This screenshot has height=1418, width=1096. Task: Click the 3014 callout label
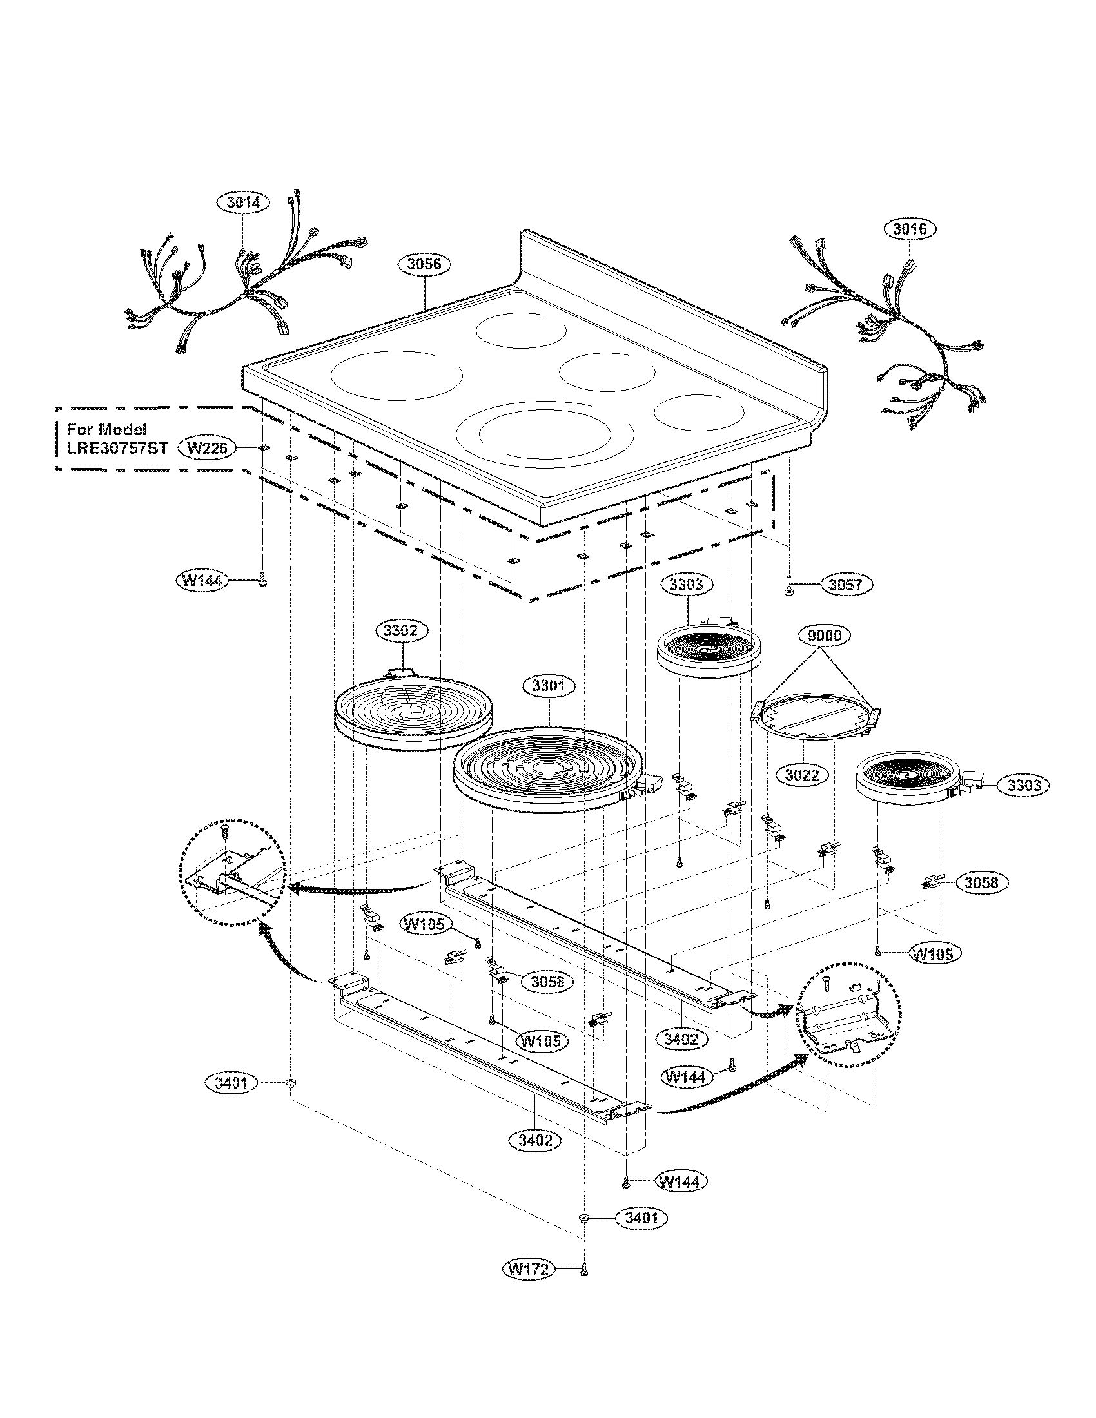pyautogui.click(x=243, y=202)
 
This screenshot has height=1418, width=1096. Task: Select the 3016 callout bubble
pyautogui.click(x=910, y=229)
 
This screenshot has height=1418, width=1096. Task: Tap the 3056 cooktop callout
pyautogui.click(x=424, y=264)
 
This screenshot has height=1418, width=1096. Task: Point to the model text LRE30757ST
pyautogui.click(x=117, y=448)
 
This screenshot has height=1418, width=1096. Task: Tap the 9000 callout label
pyautogui.click(x=824, y=636)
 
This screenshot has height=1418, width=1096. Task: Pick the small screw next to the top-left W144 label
pyautogui.click(x=263, y=579)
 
